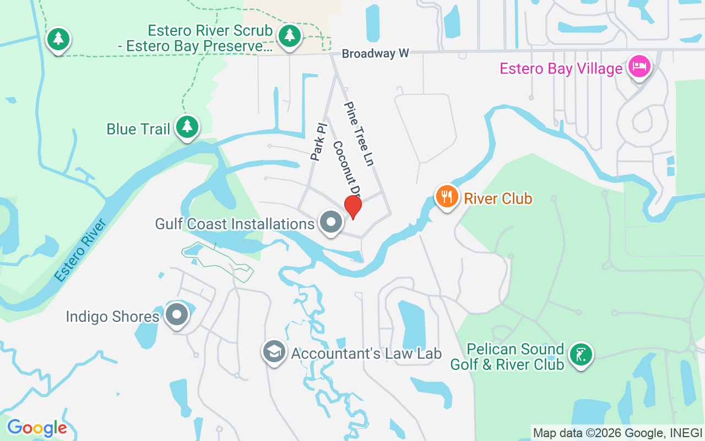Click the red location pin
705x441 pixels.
point(352,206)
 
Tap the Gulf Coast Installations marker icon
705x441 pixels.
point(331,223)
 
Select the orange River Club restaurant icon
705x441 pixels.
point(447,196)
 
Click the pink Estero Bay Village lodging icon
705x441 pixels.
point(639,67)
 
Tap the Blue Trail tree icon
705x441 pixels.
point(187,127)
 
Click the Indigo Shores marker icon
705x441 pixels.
point(177,315)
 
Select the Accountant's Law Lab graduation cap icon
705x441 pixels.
point(274,351)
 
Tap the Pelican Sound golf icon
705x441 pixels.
point(580,354)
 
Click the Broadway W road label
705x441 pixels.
point(376,53)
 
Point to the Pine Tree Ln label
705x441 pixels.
point(359,133)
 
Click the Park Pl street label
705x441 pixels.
point(318,142)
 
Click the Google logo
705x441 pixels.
point(37,428)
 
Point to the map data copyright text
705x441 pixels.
point(617,433)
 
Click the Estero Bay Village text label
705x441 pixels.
point(561,69)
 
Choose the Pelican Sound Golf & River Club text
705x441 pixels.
point(507,357)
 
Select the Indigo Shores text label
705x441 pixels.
point(112,317)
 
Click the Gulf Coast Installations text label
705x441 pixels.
point(235,224)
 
